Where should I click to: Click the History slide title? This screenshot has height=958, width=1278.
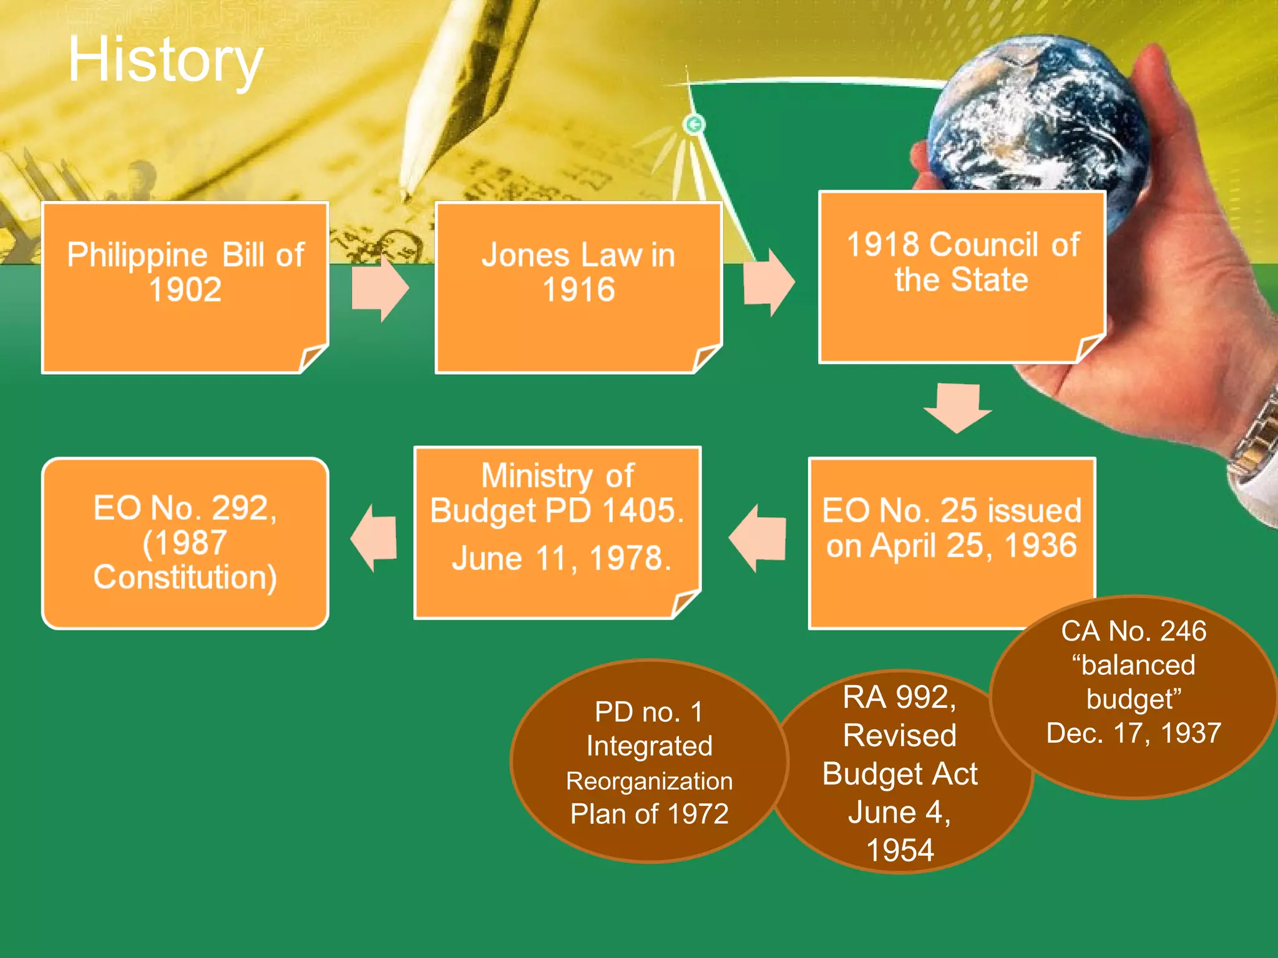tap(165, 59)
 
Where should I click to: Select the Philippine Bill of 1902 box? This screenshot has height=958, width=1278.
tap(185, 288)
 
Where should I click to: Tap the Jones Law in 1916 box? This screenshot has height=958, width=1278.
tap(578, 288)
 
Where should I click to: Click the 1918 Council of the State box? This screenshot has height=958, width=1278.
tap(961, 277)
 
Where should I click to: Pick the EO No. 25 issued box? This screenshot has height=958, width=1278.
tap(951, 543)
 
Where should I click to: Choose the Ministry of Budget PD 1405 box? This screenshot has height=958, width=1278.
tap(557, 532)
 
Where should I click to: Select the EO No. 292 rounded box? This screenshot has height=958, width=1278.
tap(185, 543)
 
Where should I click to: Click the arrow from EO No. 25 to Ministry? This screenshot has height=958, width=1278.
tap(758, 538)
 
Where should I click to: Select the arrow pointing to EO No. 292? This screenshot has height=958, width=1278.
tap(374, 538)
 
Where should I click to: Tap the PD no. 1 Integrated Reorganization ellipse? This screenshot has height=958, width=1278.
tap(649, 762)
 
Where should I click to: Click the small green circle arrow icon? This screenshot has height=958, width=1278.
tap(694, 125)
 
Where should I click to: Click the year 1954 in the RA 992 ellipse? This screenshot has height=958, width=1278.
tap(900, 850)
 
